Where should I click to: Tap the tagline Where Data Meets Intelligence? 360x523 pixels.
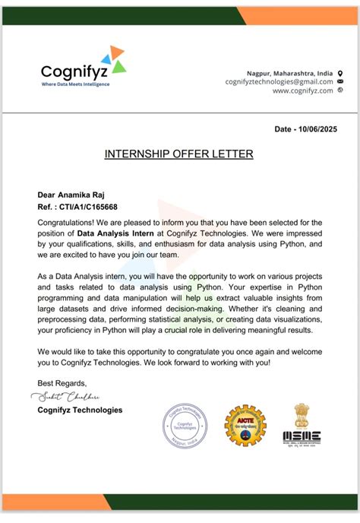74,84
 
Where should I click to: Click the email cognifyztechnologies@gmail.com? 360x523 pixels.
279,81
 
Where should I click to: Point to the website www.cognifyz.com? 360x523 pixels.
302,90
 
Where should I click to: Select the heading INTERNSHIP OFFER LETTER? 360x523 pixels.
178,154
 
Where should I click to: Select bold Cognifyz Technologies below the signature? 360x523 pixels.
80,410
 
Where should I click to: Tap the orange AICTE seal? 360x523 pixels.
244,425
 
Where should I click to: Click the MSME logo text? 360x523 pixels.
302,436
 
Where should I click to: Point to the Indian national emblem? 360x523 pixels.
302,414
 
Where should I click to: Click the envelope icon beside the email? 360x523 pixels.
339,81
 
